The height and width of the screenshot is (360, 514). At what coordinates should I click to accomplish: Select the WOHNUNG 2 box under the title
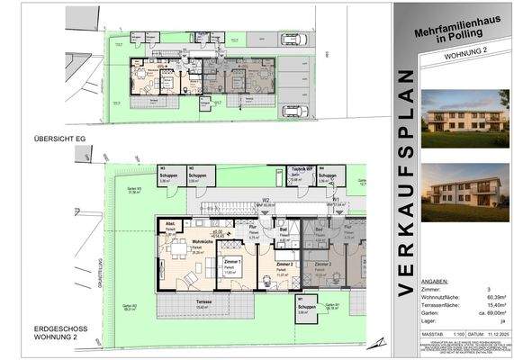[x=450, y=56]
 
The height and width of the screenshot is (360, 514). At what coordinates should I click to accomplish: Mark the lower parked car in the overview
[x=295, y=112]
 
